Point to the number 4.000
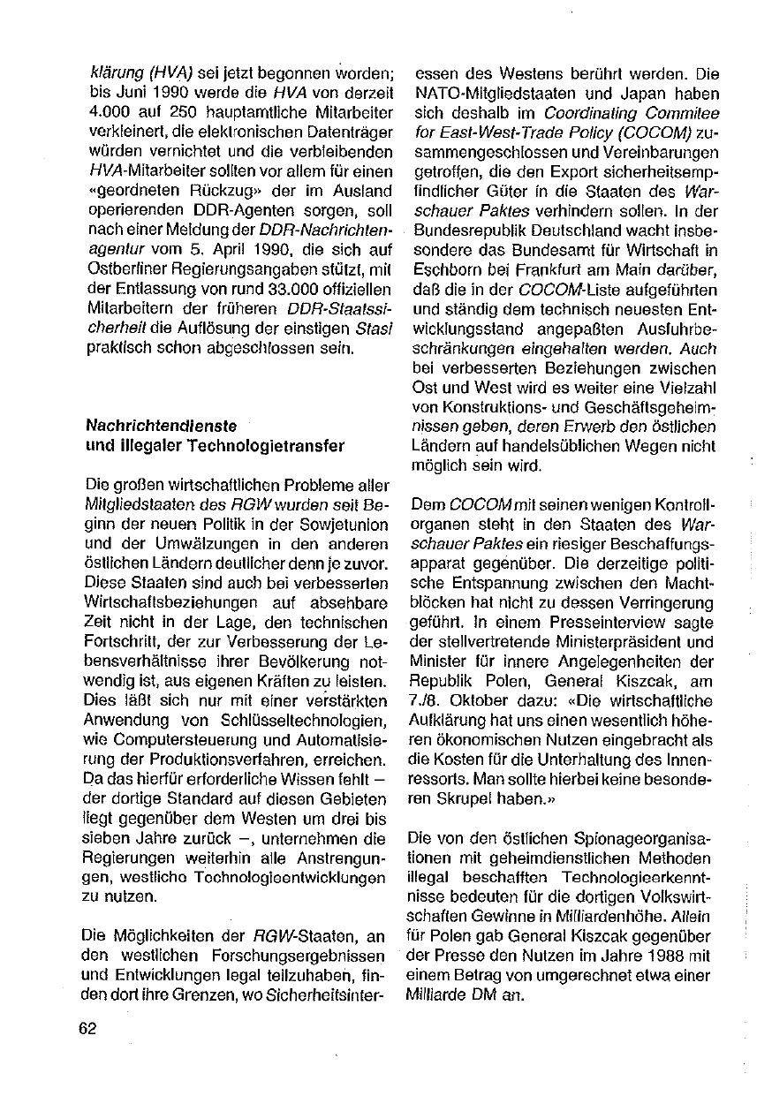click(107, 113)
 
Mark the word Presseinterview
click(559, 621)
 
